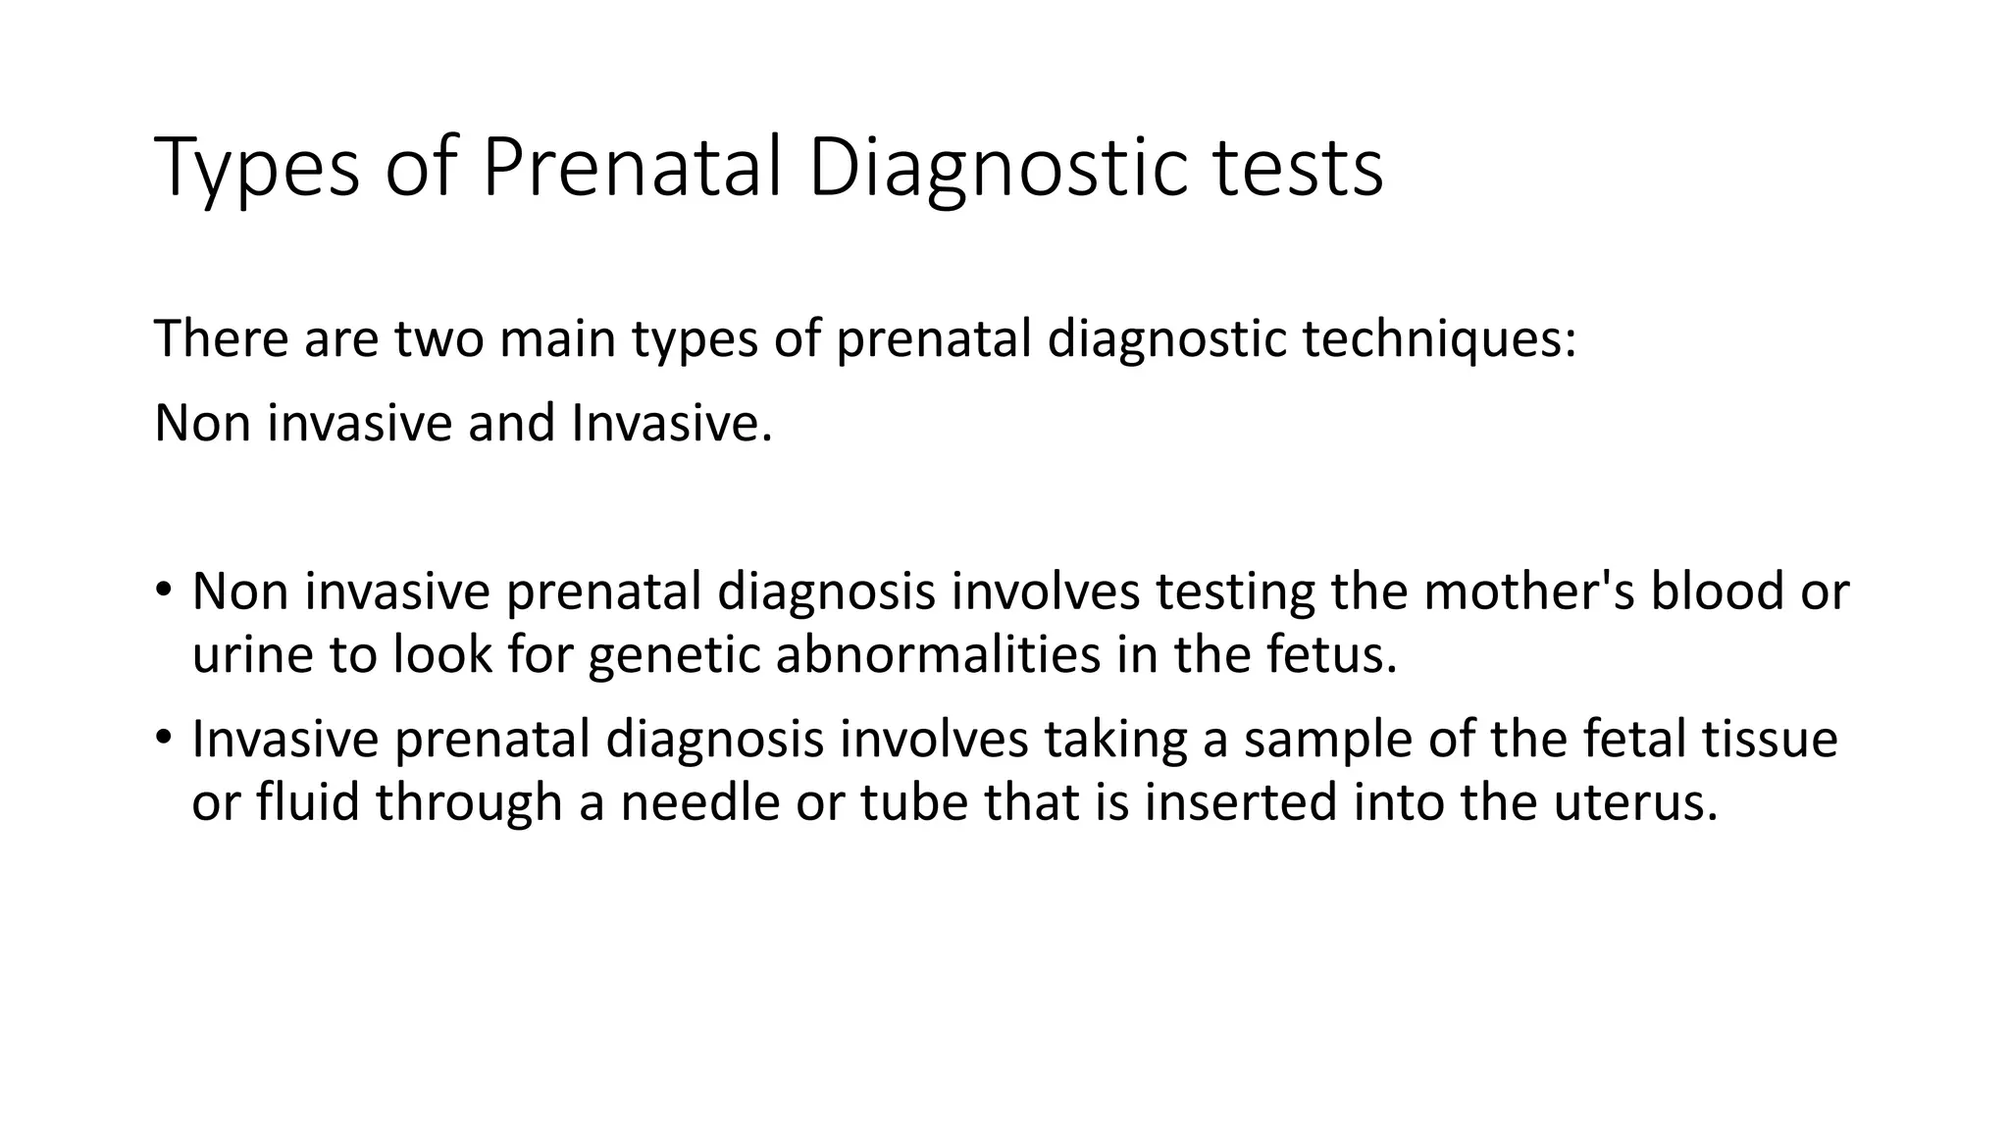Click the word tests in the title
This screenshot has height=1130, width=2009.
(1298, 169)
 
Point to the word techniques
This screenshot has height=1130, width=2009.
(1438, 340)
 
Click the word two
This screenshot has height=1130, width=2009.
(439, 338)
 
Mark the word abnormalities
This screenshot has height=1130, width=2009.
(937, 655)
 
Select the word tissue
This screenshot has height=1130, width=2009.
(1769, 739)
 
